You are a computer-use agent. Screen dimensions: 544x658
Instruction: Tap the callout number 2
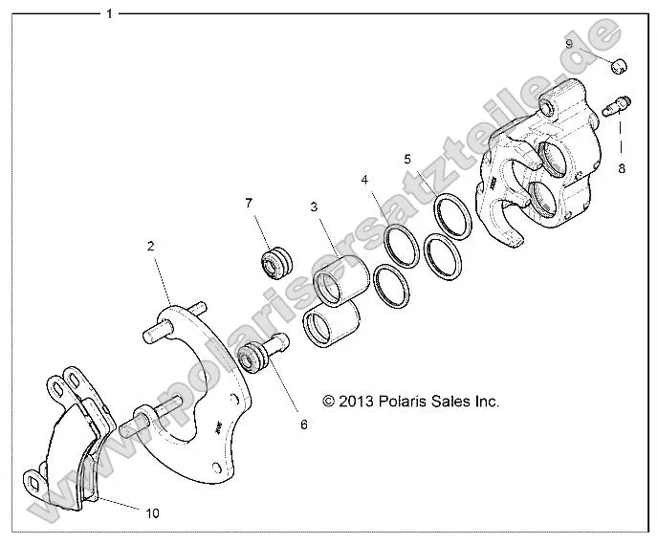click(x=150, y=246)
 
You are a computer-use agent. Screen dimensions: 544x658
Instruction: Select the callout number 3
click(x=313, y=207)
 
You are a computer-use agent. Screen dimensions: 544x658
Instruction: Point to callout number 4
click(x=364, y=179)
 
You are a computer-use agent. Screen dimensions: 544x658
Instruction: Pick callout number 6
click(x=303, y=424)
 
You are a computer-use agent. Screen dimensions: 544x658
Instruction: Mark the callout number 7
click(x=249, y=203)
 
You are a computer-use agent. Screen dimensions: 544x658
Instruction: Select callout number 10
click(x=152, y=513)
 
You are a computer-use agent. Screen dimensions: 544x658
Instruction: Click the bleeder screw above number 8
click(x=621, y=102)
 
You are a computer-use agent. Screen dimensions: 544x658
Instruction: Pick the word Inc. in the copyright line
click(x=486, y=402)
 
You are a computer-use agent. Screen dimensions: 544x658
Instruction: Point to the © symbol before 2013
click(x=329, y=403)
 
